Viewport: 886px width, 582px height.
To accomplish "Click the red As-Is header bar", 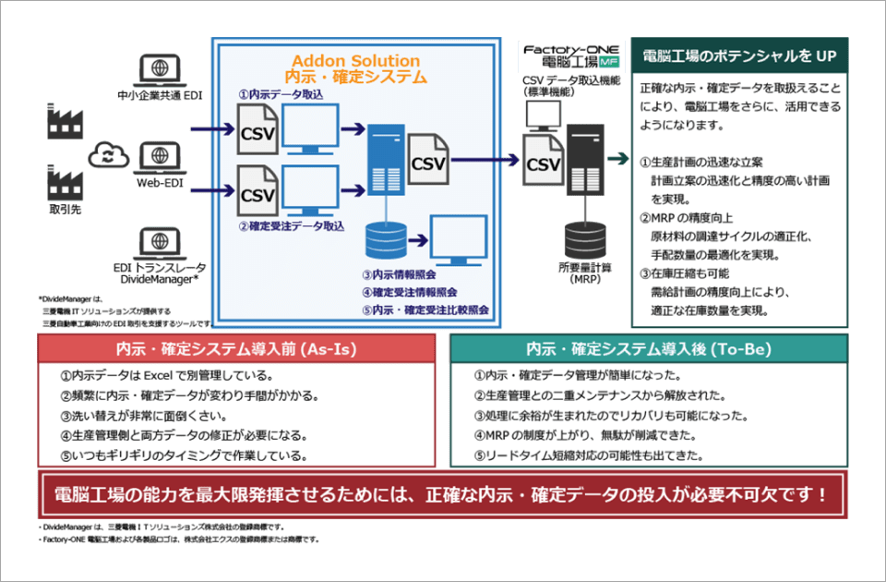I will [236, 349].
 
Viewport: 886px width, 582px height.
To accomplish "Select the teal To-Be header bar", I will [648, 349].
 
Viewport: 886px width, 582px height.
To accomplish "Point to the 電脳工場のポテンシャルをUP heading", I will [739, 56].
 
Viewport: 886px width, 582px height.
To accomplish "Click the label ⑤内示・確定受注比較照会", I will [425, 309].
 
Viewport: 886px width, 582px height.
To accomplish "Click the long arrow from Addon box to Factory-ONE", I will [485, 159].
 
